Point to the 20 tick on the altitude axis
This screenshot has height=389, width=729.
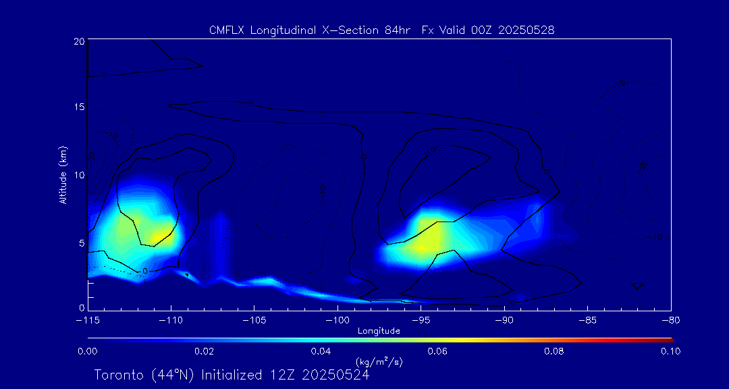coord(79,41)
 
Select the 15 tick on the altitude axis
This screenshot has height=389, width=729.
coord(79,108)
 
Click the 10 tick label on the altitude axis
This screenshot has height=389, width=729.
coord(79,175)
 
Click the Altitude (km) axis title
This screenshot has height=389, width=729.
coord(63,175)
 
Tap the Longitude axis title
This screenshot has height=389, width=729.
coord(379,331)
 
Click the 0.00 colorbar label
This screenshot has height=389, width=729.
coord(88,351)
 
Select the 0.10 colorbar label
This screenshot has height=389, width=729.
coord(670,351)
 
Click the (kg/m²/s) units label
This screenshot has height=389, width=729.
coord(379,362)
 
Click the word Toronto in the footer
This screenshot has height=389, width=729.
coord(119,375)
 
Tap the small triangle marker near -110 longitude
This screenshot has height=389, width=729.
coord(187,275)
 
